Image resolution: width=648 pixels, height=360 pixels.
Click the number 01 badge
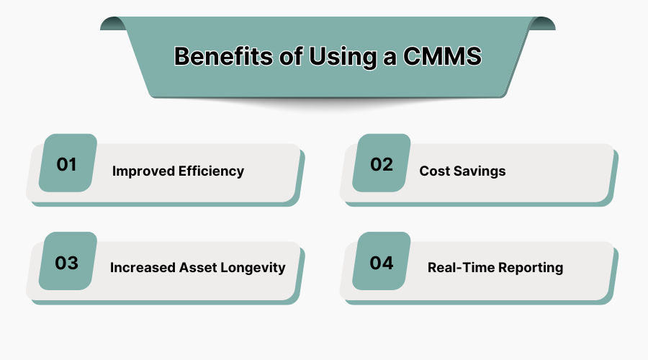tap(67, 163)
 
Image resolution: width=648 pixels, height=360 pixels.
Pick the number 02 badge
tap(382, 163)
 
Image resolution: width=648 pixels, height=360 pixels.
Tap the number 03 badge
tap(67, 262)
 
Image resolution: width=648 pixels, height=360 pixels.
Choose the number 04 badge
tap(382, 262)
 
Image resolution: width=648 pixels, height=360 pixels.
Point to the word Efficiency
tap(212, 171)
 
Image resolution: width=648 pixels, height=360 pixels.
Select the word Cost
tap(435, 171)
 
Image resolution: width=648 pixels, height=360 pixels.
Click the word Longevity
tap(255, 268)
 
